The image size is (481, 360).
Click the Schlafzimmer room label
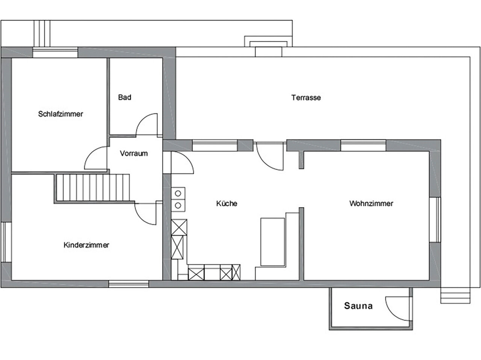coord(61,114)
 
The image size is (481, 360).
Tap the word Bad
coord(125,97)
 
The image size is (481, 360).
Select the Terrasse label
coord(306,97)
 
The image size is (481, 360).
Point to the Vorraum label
coord(134,153)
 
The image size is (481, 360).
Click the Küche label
coord(227,203)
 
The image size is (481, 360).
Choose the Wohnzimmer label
coord(371,203)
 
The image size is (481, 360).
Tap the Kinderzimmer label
coord(86,245)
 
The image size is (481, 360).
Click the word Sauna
coord(358,306)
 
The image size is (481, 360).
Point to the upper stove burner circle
coord(178,194)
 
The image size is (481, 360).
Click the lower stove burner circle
coord(178,206)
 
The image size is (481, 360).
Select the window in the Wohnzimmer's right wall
coord(435,219)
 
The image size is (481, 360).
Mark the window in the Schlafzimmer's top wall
coord(55,52)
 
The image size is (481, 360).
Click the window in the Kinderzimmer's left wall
coord(6,242)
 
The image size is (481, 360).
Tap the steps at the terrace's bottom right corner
coord(455,295)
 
